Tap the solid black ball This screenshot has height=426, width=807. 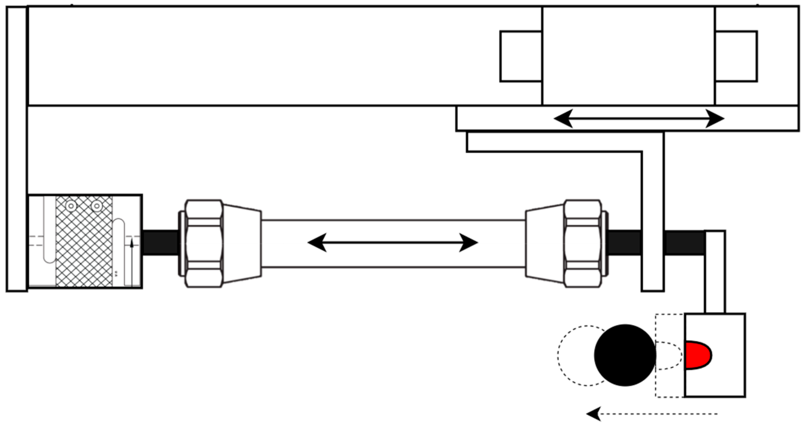tap(625, 355)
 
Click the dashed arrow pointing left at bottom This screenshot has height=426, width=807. tap(652, 414)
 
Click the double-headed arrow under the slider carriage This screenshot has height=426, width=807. tap(639, 119)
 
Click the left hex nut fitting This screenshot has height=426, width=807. tap(204, 243)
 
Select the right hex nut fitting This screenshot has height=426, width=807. tap(583, 243)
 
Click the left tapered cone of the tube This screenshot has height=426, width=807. tap(242, 243)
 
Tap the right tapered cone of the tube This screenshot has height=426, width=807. tap(545, 243)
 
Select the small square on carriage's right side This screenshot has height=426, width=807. tap(736, 56)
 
